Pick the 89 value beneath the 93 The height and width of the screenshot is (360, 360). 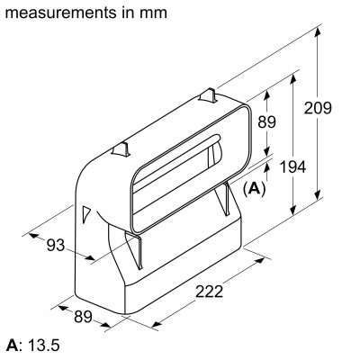pyautogui.click(x=83, y=318)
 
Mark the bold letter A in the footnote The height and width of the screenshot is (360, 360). pyautogui.click(x=12, y=346)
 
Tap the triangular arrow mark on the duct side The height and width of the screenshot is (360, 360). pyautogui.click(x=110, y=213)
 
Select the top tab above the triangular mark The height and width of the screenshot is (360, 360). pyautogui.click(x=121, y=146)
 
